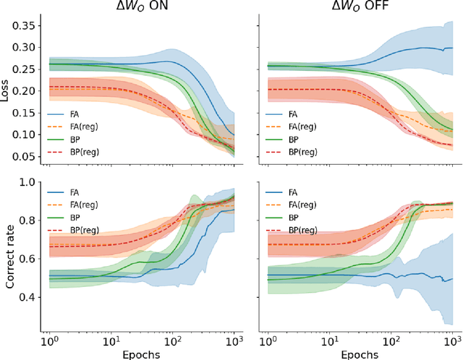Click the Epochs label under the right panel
(359, 353)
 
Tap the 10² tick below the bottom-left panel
(174, 339)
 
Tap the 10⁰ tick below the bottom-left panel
(49, 339)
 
